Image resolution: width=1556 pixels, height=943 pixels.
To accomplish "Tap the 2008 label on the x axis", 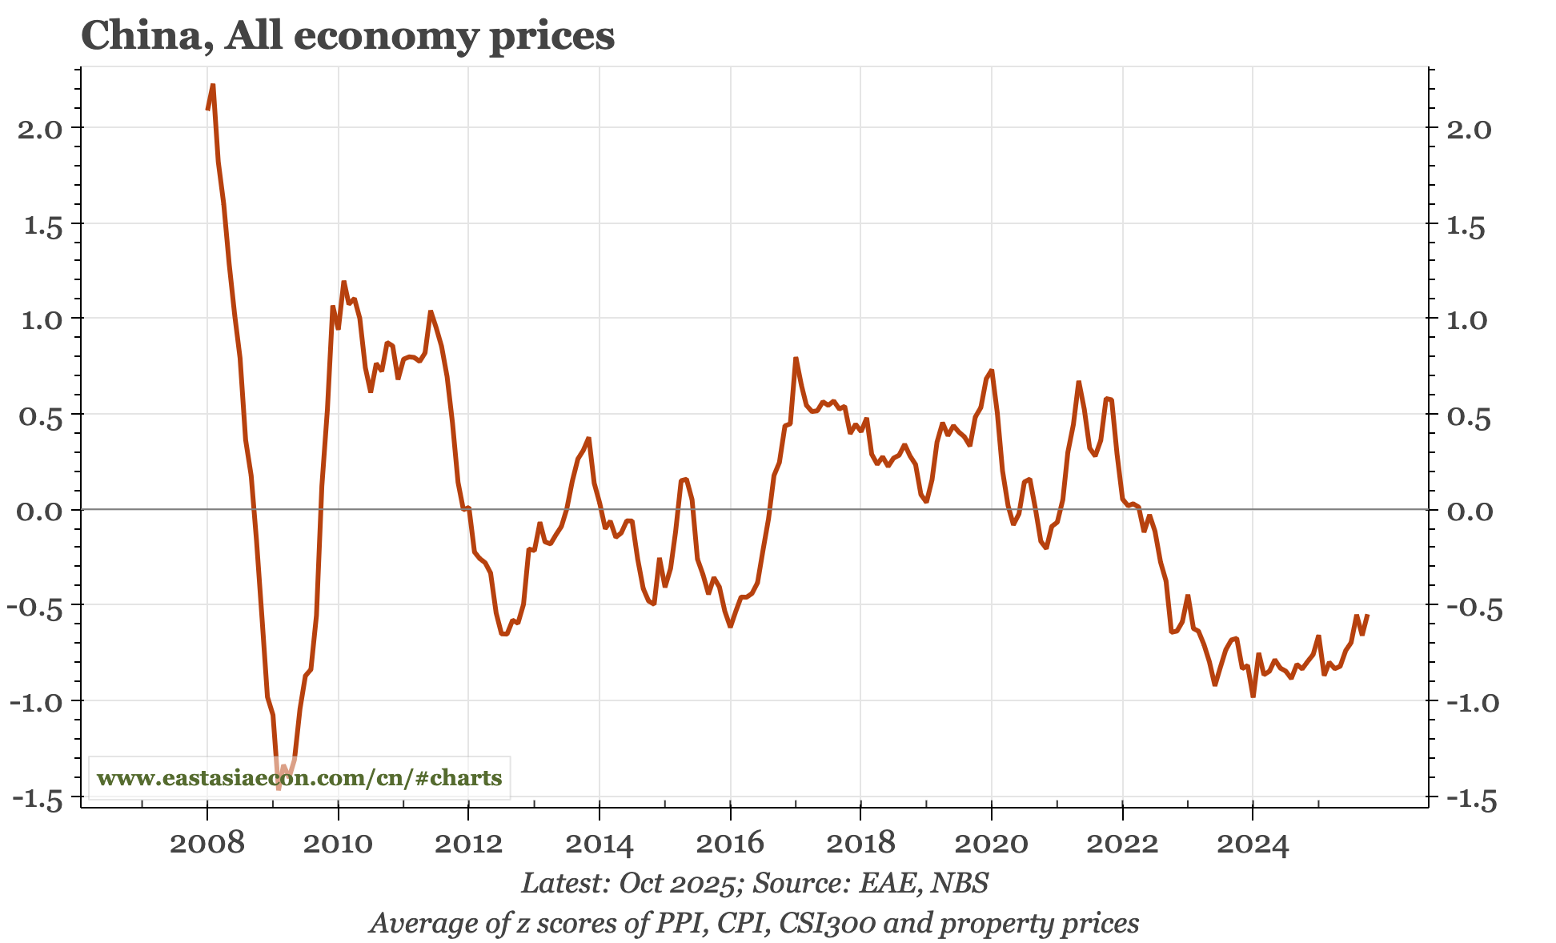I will (x=207, y=843).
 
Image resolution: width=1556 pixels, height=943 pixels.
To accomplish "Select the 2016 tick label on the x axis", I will (x=730, y=843).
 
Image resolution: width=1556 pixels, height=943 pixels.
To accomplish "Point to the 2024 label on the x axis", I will (x=1253, y=843).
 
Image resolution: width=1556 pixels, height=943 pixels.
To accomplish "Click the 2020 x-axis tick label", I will (x=992, y=843).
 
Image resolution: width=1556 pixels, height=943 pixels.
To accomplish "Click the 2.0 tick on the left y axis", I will (x=40, y=129).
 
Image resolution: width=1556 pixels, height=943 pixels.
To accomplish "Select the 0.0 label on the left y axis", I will (x=40, y=511).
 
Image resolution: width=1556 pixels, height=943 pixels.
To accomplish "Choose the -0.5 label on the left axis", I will (x=35, y=607).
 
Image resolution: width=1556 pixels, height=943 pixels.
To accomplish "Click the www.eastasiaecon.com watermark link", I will (x=299, y=778).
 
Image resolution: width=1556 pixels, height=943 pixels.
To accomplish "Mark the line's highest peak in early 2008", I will (x=213, y=85).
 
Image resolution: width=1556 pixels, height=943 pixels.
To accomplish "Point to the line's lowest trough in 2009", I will (x=279, y=789).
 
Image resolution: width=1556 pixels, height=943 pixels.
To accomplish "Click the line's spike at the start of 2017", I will (x=796, y=359).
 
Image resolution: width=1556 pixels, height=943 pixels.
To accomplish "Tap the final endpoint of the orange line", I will (x=1368, y=615).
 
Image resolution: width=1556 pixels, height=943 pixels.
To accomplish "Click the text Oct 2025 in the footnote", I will (x=677, y=883).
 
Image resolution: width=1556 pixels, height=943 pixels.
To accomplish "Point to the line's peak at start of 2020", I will (x=992, y=371).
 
